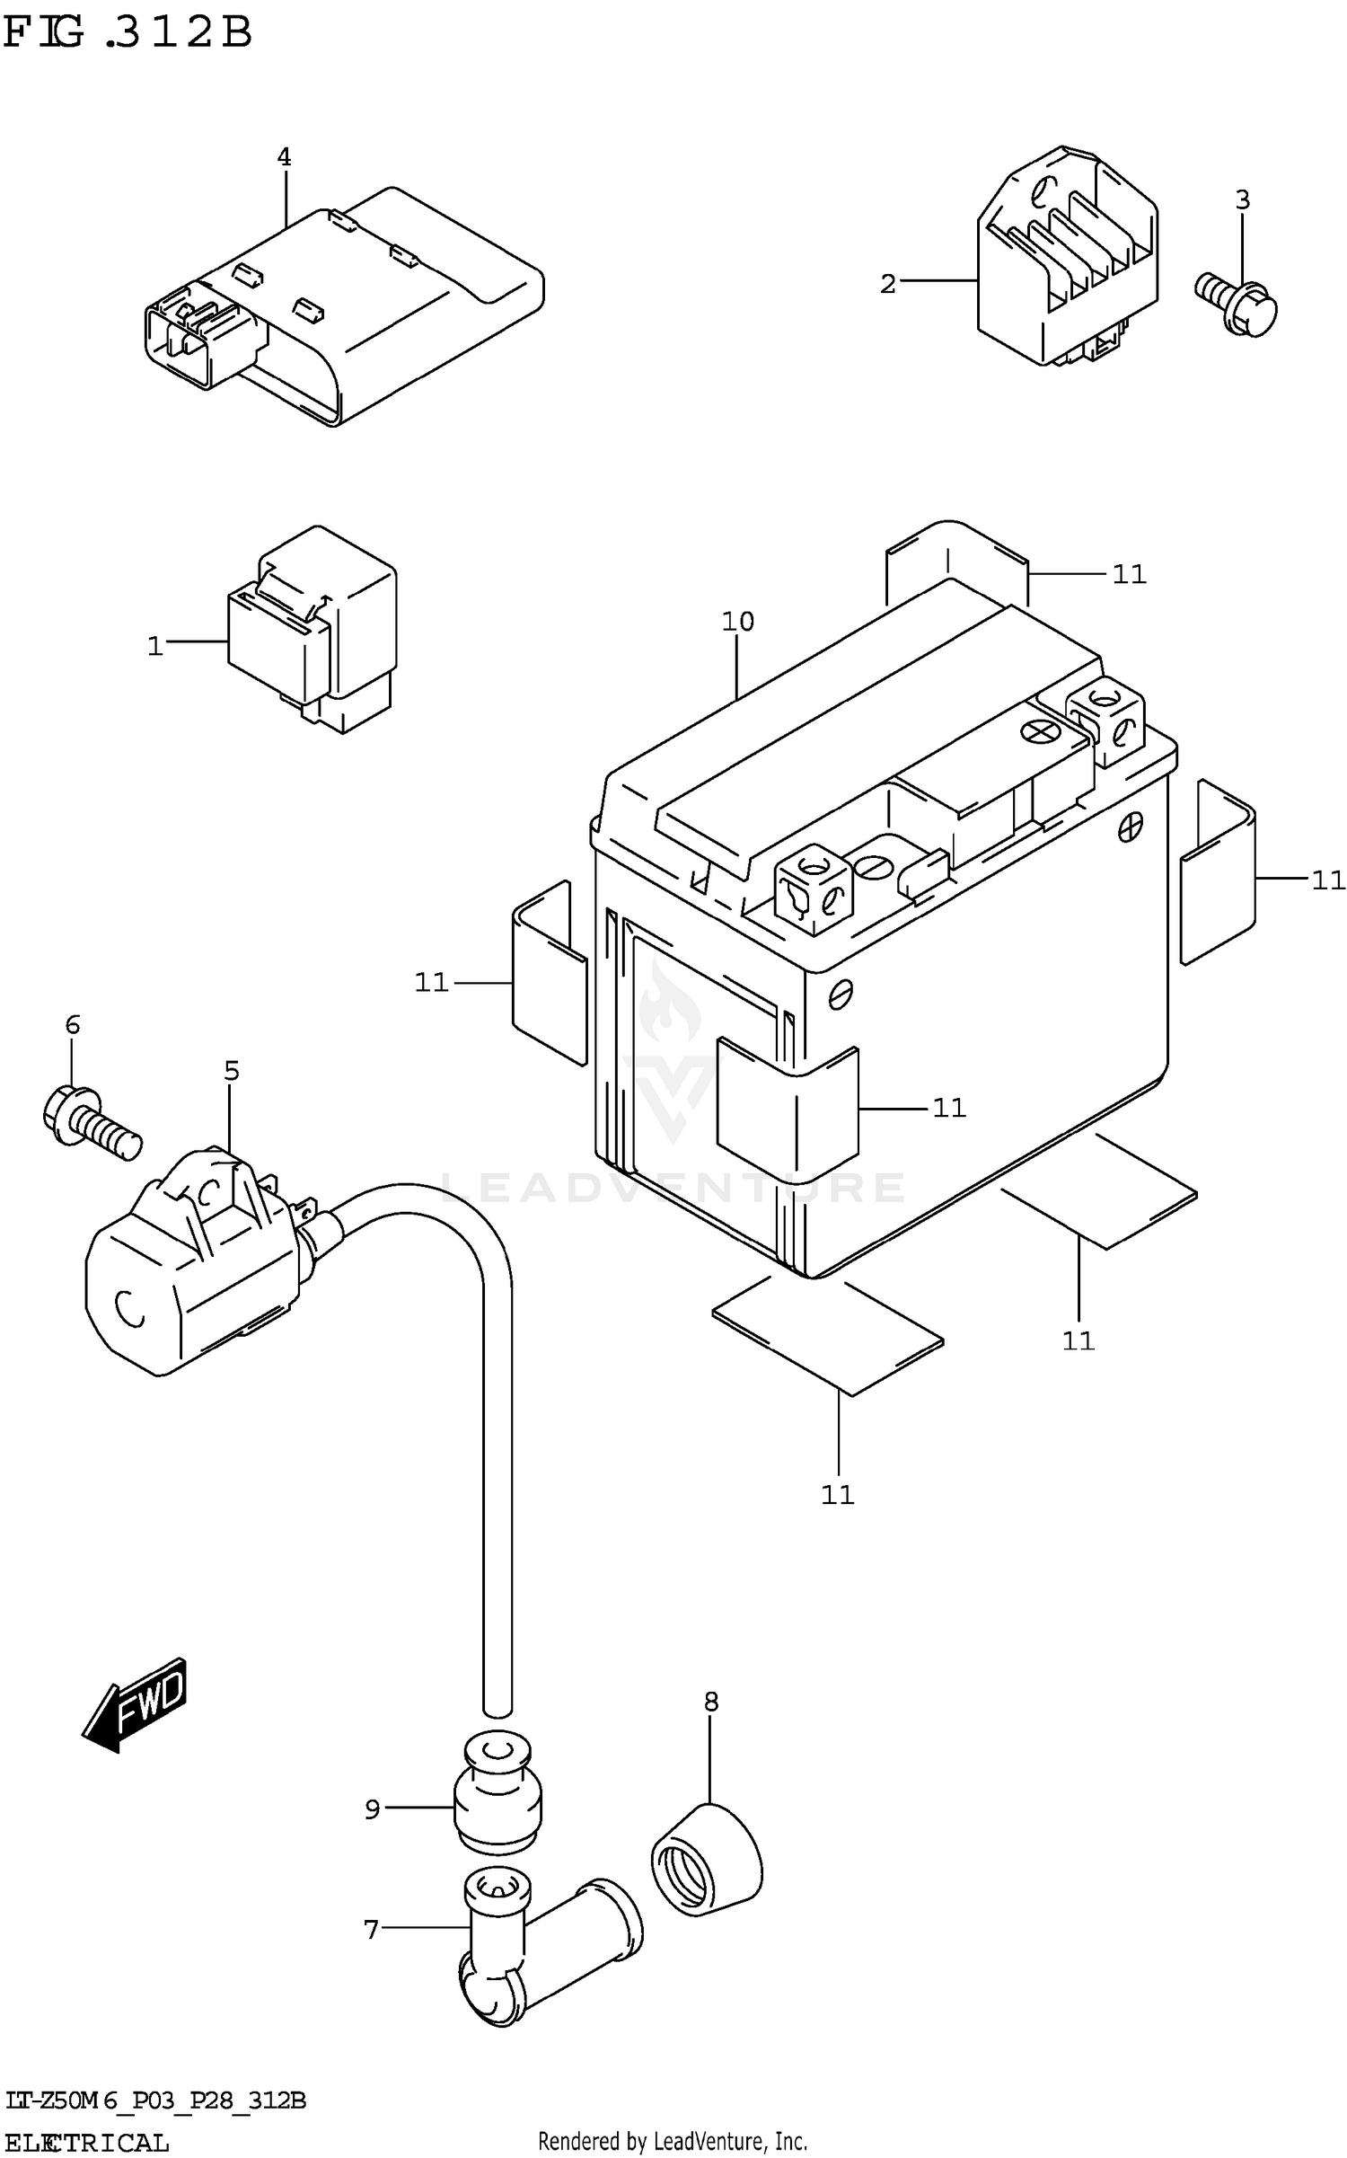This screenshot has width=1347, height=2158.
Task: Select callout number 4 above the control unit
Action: coord(284,157)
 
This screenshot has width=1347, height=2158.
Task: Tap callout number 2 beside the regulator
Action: coord(887,284)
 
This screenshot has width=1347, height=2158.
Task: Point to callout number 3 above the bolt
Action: coord(1242,199)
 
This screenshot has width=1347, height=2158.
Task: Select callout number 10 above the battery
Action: coord(737,621)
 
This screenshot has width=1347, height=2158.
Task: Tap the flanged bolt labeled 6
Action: coord(90,1119)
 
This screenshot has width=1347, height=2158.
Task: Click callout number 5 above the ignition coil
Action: coord(232,1070)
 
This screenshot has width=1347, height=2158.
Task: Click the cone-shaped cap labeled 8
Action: coord(708,1860)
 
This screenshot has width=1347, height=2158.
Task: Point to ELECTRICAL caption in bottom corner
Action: coord(86,2141)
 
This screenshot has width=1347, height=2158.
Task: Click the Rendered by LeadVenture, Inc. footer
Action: coord(673,2142)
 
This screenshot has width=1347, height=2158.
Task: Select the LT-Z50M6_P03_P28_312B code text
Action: coord(154,2100)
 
